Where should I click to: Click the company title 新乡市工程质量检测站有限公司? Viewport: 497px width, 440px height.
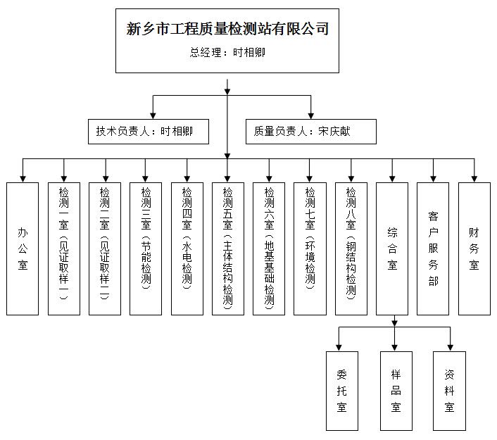(227, 29)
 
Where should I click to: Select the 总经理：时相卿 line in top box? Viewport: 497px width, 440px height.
(227, 52)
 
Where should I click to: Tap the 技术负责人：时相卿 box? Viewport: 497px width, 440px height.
(144, 131)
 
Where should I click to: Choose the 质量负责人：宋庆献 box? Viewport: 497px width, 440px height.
(310, 131)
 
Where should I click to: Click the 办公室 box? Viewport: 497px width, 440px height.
(23, 248)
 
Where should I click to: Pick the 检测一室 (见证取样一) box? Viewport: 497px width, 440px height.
(64, 248)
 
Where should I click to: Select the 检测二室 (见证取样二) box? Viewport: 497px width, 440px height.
(105, 248)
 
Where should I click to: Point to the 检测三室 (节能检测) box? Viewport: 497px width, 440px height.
(146, 248)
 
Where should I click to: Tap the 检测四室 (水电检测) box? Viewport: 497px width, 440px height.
(187, 248)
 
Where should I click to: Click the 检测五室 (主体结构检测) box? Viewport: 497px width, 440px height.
(227, 248)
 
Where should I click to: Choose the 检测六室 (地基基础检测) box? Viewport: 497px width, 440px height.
(268, 248)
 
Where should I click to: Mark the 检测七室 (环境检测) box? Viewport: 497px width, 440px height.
(310, 248)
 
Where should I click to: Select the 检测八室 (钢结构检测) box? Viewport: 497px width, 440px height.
(351, 248)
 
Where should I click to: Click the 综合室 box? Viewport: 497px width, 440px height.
(392, 248)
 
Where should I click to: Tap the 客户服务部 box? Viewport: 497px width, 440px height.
(433, 248)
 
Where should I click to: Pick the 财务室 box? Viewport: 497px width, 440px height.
(474, 248)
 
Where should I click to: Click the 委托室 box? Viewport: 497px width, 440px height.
(341, 390)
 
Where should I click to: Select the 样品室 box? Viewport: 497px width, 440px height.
(395, 390)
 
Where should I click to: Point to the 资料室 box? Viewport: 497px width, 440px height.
(449, 390)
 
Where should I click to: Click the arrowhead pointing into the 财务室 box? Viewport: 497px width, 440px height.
(474, 178)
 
